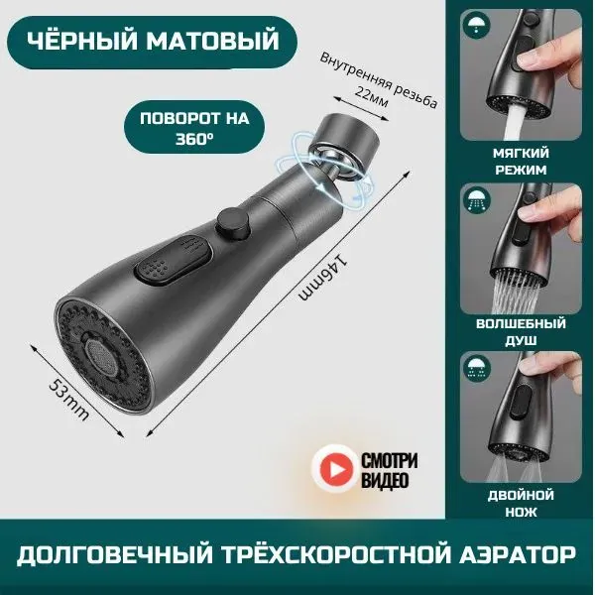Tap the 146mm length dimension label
pyautogui.click(x=323, y=278)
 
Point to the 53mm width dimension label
pyautogui.click(x=69, y=400)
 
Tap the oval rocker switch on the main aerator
pyautogui.click(x=173, y=261)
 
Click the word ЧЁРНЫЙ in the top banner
pyautogui.click(x=82, y=41)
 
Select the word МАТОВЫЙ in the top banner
pyautogui.click(x=213, y=41)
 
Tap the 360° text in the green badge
pyautogui.click(x=194, y=140)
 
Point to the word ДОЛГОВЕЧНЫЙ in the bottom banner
pyautogui.click(x=115, y=554)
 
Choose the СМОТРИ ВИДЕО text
pyautogui.click(x=389, y=470)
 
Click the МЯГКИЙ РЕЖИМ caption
pyautogui.click(x=521, y=162)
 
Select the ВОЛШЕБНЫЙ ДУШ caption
pyautogui.click(x=521, y=332)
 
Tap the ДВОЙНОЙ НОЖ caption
pyautogui.click(x=521, y=504)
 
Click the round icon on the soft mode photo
pyautogui.click(x=477, y=25)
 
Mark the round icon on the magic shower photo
pyautogui.click(x=477, y=199)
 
